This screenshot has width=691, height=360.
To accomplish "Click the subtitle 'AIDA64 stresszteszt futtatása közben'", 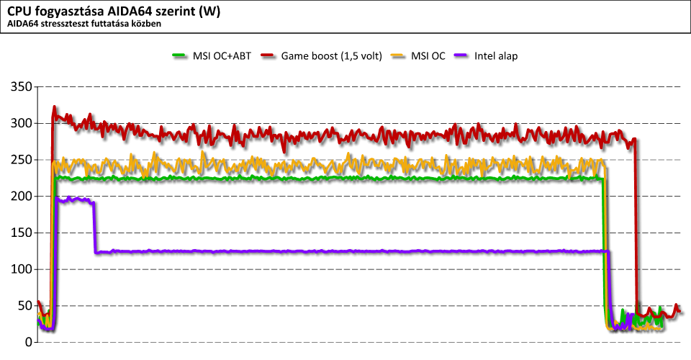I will pos(83,24).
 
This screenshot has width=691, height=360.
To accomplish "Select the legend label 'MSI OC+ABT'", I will pos(222,56).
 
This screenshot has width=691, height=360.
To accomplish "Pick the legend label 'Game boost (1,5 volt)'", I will pos(330,56).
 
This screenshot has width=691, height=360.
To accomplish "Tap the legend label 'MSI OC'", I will pos(428,56).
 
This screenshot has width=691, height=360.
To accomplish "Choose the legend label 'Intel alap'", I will pos(497,56).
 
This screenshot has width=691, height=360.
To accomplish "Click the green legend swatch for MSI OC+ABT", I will pos(180,56).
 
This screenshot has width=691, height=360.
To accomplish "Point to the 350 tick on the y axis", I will pos(21,87).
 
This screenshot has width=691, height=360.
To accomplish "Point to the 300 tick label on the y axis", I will pos(21,124).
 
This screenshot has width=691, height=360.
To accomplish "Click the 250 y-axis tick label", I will pos(21,160).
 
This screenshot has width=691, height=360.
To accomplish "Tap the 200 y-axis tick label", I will pos(21,197).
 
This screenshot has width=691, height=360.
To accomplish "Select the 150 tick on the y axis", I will pos(21,233).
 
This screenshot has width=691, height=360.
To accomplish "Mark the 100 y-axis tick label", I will pos(21,269).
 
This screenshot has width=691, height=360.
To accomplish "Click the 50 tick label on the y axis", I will pos(24,306).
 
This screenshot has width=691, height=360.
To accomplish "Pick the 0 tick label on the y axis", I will pos(28,343).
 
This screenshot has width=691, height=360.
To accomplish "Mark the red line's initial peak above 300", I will pos(54,108).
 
